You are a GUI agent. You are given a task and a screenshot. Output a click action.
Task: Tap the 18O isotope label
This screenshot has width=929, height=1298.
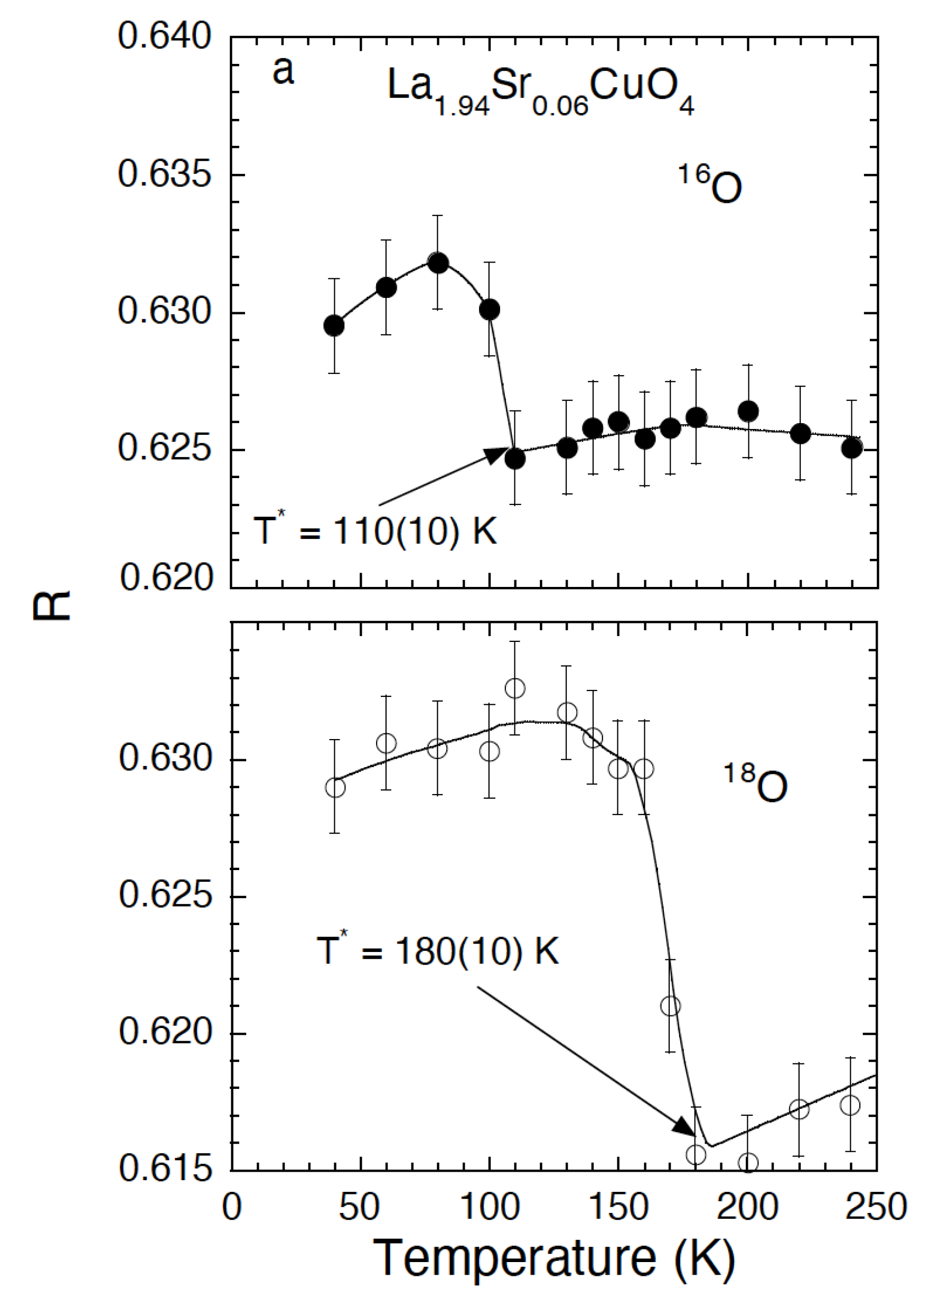755,782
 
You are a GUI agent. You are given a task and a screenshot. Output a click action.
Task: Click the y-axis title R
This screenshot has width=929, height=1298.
51,605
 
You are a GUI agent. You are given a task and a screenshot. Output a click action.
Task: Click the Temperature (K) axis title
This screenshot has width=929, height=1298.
553,1258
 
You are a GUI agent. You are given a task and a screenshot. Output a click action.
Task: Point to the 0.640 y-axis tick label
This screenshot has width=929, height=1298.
165,36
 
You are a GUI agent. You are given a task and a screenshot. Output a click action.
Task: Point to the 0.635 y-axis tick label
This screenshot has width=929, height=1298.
165,174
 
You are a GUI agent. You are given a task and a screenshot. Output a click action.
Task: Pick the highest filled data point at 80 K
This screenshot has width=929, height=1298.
438,263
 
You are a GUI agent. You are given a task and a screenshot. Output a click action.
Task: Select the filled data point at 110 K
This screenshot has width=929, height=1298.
515,459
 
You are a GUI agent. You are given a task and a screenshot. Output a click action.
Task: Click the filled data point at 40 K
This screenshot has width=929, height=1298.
334,325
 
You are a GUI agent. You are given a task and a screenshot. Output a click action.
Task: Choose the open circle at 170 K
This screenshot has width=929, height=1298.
670,1005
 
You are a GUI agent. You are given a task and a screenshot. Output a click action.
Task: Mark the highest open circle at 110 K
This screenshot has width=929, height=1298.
515,688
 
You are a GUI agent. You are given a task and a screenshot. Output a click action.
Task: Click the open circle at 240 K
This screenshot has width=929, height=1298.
851,1105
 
